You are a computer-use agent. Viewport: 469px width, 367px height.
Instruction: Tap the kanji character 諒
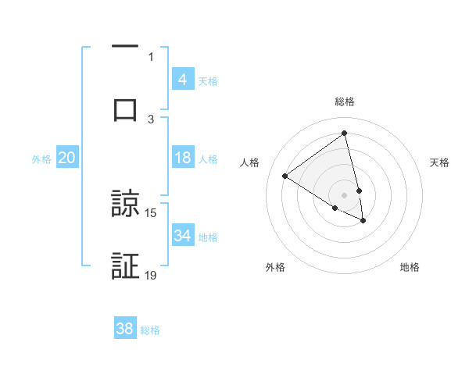click(x=126, y=205)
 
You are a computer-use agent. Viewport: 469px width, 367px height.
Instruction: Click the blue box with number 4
click(x=182, y=80)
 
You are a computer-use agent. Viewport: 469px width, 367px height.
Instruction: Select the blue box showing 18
click(x=182, y=158)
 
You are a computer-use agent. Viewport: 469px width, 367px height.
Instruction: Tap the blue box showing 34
click(x=182, y=236)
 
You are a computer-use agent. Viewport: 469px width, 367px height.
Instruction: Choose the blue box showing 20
click(x=66, y=158)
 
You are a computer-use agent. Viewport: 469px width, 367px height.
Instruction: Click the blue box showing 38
click(x=124, y=329)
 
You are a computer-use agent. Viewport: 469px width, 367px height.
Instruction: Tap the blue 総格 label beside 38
click(x=150, y=330)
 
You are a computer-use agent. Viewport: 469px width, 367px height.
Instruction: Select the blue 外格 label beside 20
click(x=41, y=159)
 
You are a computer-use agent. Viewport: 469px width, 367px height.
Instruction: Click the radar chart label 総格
click(x=345, y=102)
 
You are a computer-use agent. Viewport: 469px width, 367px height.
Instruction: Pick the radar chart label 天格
click(x=440, y=162)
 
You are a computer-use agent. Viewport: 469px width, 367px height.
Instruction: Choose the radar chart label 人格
click(x=249, y=162)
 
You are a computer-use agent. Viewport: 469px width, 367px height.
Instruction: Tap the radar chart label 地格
click(x=410, y=267)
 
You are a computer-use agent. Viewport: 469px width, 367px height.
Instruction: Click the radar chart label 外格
click(x=275, y=267)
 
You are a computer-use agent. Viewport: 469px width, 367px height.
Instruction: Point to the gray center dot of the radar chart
click(x=345, y=194)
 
